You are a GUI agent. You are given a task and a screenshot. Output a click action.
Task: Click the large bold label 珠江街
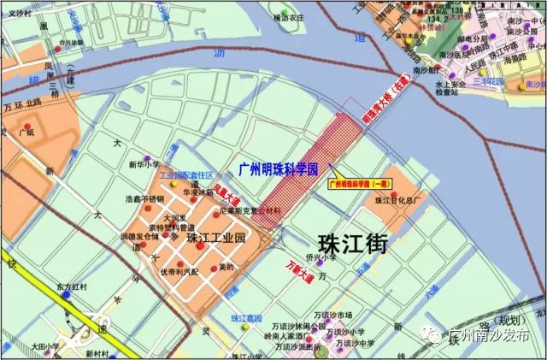[x=351, y=243]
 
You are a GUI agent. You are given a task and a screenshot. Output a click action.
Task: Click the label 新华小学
[x=144, y=164]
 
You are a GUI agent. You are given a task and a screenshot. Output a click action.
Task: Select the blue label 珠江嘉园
[x=246, y=318]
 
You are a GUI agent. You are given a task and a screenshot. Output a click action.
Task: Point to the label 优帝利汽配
[x=178, y=271]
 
